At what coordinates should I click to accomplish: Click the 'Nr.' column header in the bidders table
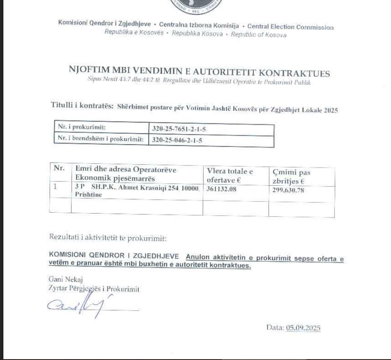(x=59, y=168)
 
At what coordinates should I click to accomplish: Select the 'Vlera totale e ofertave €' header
(x=230, y=176)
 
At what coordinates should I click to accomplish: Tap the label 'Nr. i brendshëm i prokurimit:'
(x=101, y=139)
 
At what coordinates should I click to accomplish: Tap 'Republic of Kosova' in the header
(x=258, y=35)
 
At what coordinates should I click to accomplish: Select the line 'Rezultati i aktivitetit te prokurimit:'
(x=108, y=238)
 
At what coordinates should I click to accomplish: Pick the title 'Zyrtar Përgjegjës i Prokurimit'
(x=94, y=289)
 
